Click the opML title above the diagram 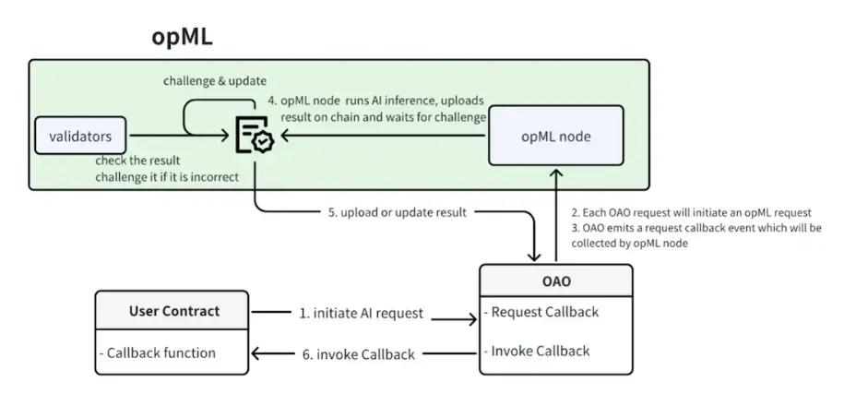(x=182, y=38)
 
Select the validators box (x=79, y=137)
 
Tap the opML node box (x=555, y=137)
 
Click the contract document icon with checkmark (x=254, y=136)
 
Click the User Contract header (x=172, y=311)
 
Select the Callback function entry (x=160, y=352)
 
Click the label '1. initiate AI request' (x=361, y=314)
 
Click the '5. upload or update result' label (x=397, y=212)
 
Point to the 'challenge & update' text (x=215, y=80)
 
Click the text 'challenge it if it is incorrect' (x=167, y=177)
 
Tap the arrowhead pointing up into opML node (x=556, y=173)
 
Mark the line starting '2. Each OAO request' (x=690, y=212)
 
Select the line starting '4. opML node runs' (x=374, y=101)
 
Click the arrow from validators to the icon (x=175, y=137)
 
